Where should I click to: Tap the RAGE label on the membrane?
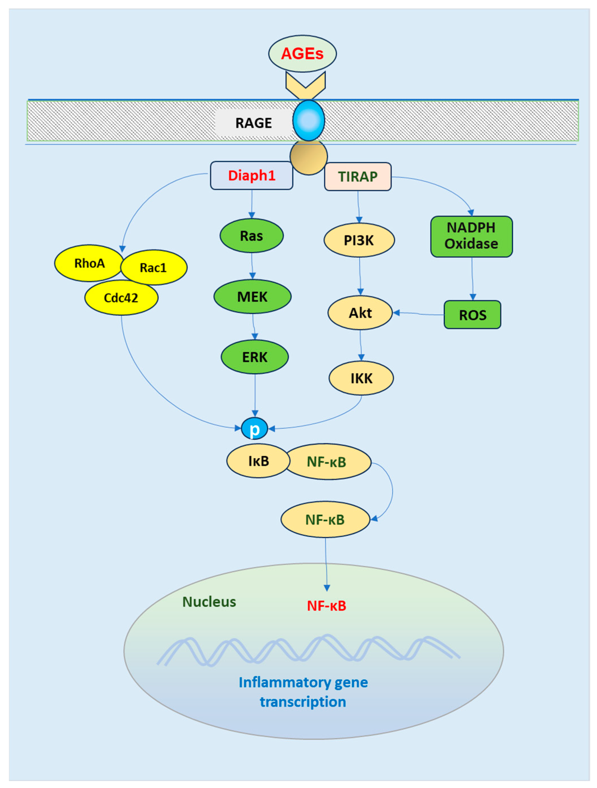pyautogui.click(x=253, y=123)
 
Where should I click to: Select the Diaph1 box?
pyautogui.click(x=252, y=176)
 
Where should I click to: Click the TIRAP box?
pyautogui.click(x=358, y=177)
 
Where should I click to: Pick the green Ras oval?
pyautogui.click(x=252, y=236)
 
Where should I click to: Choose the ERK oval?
pyautogui.click(x=255, y=357)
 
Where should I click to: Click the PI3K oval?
pyautogui.click(x=359, y=240)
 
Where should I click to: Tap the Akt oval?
pyautogui.click(x=360, y=313)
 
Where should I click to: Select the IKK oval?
pyautogui.click(x=361, y=378)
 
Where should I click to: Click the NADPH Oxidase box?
pyautogui.click(x=471, y=236)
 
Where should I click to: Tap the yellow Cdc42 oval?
pyautogui.click(x=121, y=298)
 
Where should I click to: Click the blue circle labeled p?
pyautogui.click(x=255, y=428)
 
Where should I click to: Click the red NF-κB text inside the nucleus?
pyautogui.click(x=327, y=606)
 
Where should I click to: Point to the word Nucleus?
pyautogui.click(x=209, y=602)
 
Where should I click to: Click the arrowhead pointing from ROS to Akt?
pyautogui.click(x=396, y=313)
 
